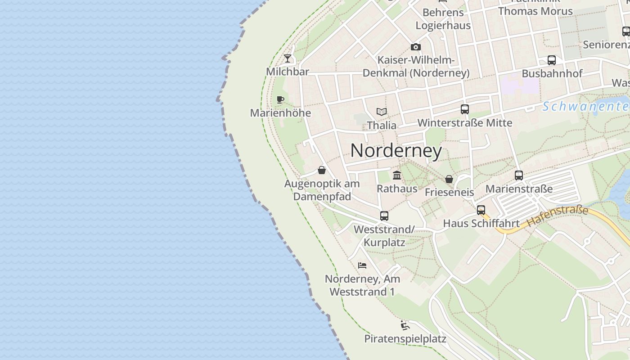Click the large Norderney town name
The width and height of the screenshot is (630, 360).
[396, 150]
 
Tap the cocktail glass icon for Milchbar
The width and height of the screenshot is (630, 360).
[288, 58]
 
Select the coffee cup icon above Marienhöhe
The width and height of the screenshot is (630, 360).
[280, 99]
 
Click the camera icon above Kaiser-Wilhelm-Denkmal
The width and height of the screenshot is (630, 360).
[415, 47]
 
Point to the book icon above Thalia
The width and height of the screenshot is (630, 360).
[382, 112]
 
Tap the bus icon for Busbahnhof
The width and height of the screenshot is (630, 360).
[552, 60]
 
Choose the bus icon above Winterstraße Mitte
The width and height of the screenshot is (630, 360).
[465, 109]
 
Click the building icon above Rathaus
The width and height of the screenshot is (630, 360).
[397, 175]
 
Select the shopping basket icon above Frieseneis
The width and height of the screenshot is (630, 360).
[449, 179]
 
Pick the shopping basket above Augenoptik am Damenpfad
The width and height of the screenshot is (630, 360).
[322, 170]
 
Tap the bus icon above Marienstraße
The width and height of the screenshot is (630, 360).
[519, 175]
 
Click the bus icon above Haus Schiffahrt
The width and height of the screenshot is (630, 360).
[481, 210]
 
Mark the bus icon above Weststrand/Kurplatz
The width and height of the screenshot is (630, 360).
[384, 216]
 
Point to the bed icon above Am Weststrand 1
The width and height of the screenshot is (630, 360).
[362, 265]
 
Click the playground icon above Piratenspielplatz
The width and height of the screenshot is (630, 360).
[405, 325]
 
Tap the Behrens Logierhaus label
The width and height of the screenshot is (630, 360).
[443, 19]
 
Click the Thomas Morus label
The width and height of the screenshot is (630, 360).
[535, 11]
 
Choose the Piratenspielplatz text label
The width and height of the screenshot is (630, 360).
[405, 338]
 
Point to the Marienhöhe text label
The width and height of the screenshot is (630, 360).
[280, 113]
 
